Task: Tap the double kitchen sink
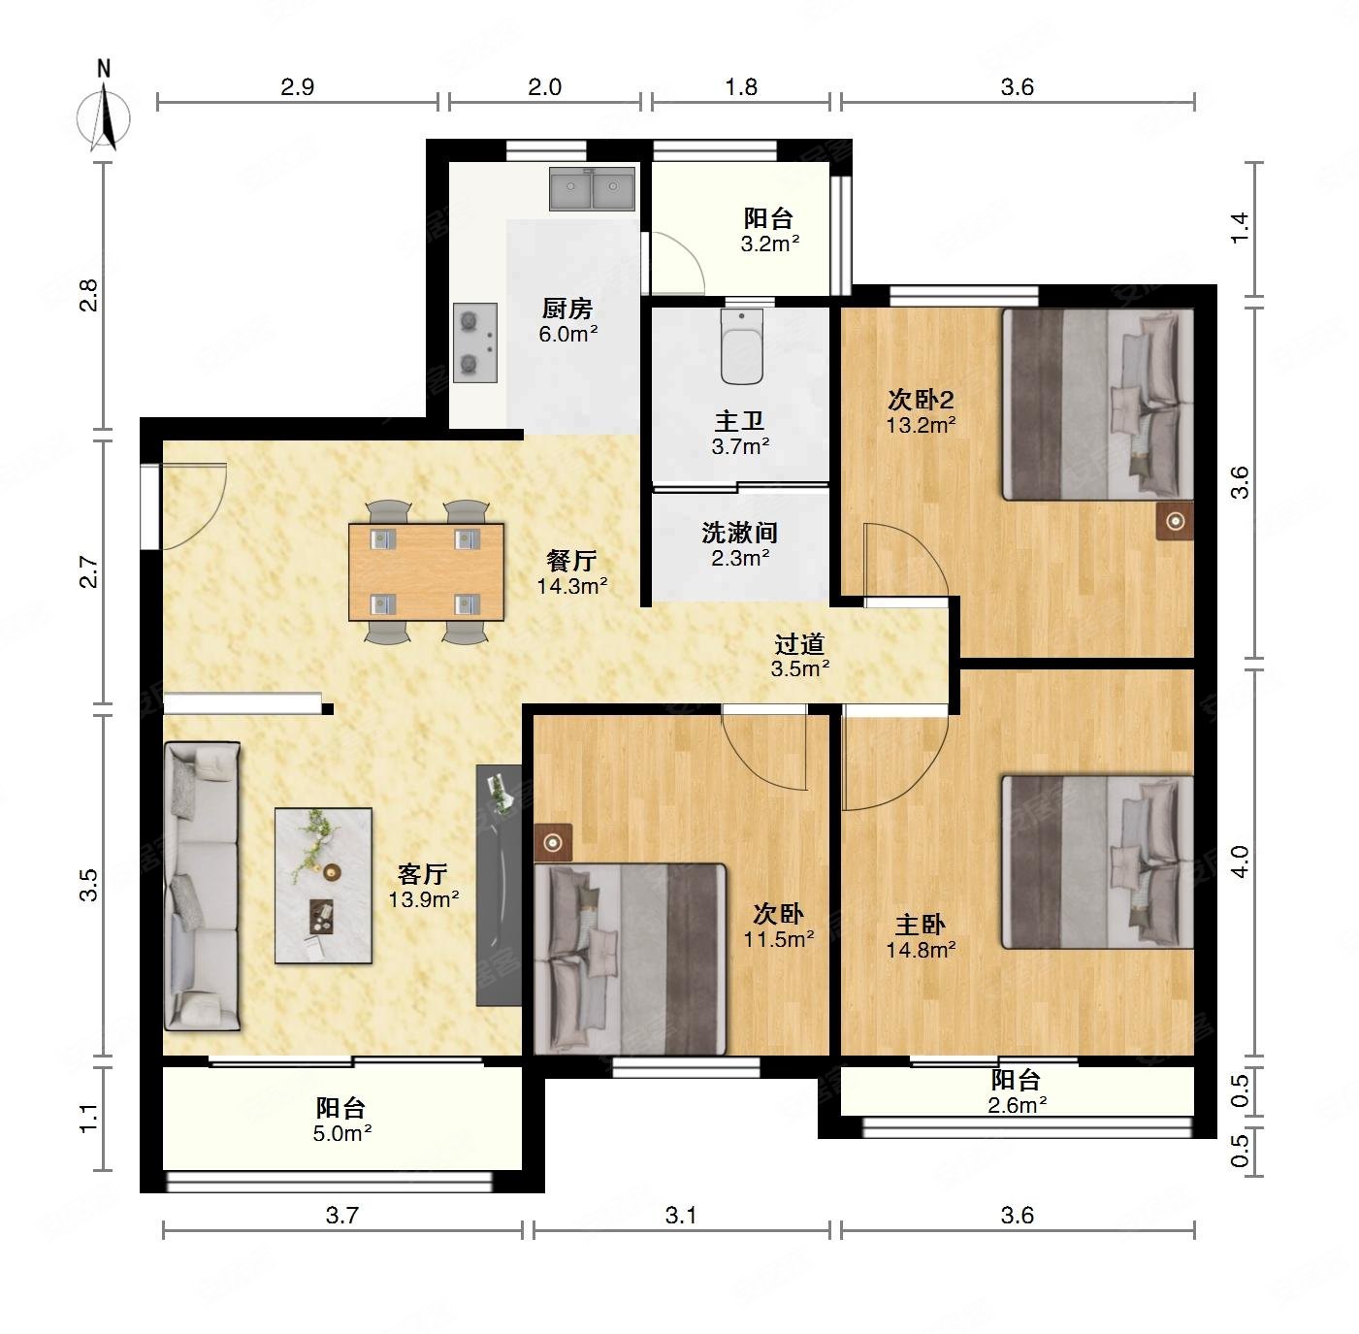(592, 188)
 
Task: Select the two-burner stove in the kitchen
(474, 342)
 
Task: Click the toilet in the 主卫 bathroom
(741, 346)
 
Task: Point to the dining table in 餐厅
(426, 571)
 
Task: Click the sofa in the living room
(203, 886)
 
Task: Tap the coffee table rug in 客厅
(323, 886)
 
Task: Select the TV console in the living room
(499, 886)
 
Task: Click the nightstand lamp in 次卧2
(1175, 521)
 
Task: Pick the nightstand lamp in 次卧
(553, 843)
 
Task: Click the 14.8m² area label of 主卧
(922, 950)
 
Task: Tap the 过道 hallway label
(799, 643)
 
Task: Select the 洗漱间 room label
(740, 533)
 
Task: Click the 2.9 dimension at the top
(297, 86)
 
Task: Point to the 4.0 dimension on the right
(1240, 862)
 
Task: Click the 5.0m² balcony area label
(342, 1133)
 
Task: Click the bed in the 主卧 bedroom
(1097, 862)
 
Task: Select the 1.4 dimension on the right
(1240, 228)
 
